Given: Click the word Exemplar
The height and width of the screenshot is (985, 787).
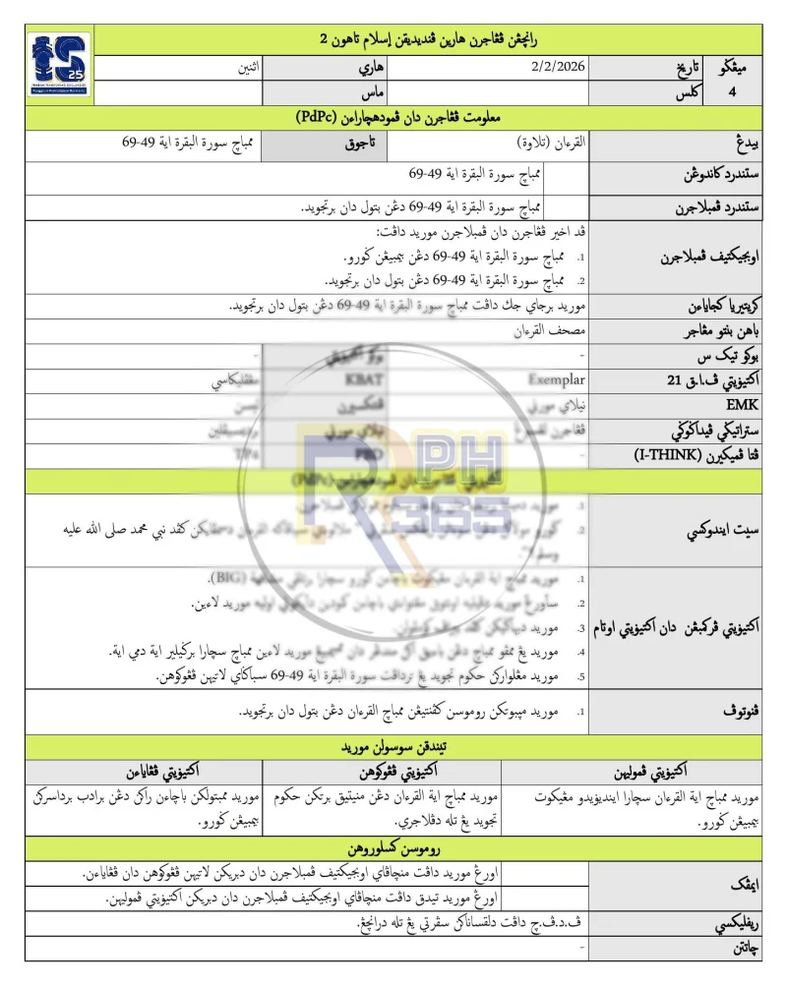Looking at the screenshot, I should click(x=556, y=380).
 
